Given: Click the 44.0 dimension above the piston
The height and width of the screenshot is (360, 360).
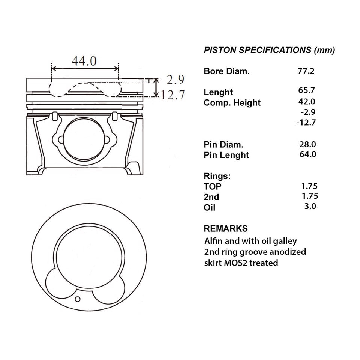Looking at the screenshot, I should (84, 61).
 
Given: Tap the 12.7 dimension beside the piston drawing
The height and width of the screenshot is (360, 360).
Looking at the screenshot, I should (173, 95).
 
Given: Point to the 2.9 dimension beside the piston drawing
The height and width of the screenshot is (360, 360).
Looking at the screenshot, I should (175, 80).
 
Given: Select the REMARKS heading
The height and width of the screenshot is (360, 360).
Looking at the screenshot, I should (225, 228).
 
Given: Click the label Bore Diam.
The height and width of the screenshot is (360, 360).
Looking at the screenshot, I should (226, 71).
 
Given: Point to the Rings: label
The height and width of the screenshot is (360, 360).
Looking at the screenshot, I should (217, 176).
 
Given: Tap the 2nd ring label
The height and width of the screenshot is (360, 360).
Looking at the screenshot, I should (211, 197).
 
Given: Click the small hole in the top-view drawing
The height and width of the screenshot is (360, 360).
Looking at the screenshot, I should (78, 299).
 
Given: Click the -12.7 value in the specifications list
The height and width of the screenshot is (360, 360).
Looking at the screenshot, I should (306, 122).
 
